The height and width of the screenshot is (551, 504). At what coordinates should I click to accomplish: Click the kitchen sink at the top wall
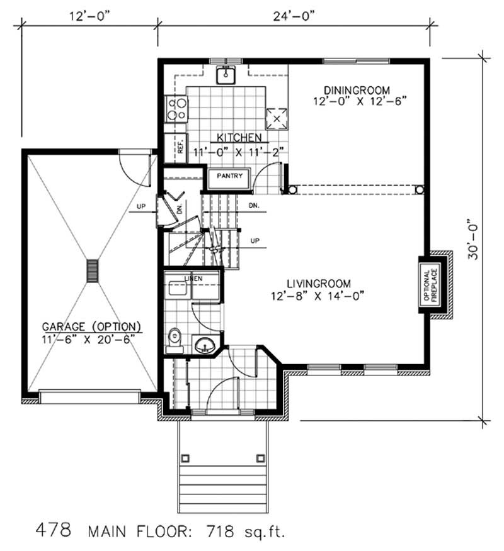point(225,75)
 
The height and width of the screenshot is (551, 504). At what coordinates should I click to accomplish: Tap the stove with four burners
point(176,109)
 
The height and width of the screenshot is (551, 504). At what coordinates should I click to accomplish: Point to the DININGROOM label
point(357,89)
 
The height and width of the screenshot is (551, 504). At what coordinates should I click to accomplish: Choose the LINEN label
point(192,277)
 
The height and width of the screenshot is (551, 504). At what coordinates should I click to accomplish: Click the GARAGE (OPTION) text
point(92,327)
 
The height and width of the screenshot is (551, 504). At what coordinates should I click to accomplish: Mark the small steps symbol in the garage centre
point(93,271)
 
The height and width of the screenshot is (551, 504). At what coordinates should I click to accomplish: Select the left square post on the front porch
point(185,457)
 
